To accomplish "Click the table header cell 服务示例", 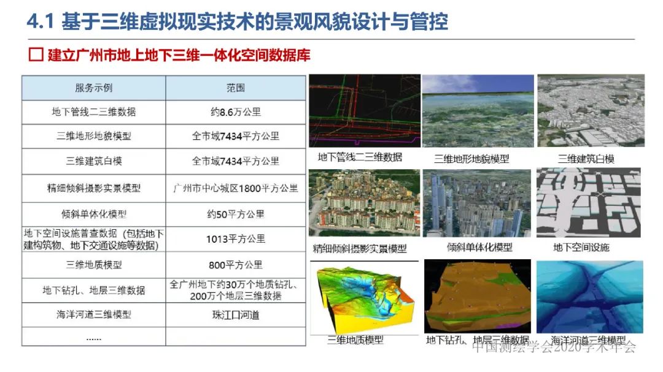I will (94, 88).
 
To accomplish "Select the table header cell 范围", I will (235, 88).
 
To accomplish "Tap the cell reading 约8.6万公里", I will (235, 112).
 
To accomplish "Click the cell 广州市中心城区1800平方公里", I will (235, 188).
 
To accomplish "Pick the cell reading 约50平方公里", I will (235, 214).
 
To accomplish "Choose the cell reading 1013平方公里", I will (235, 239).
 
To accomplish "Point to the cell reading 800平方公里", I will (235, 265).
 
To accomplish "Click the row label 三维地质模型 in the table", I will (94, 265).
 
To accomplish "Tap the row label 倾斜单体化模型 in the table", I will (94, 214).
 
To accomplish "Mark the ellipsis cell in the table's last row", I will (94, 338).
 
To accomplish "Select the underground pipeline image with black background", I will (364, 111).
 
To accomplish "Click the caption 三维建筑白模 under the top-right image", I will (586, 159).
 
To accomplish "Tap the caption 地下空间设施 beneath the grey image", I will (581, 248).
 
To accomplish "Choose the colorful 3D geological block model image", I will (364, 297).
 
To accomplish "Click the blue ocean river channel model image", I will (589, 297).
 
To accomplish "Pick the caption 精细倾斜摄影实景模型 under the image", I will (360, 249).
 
